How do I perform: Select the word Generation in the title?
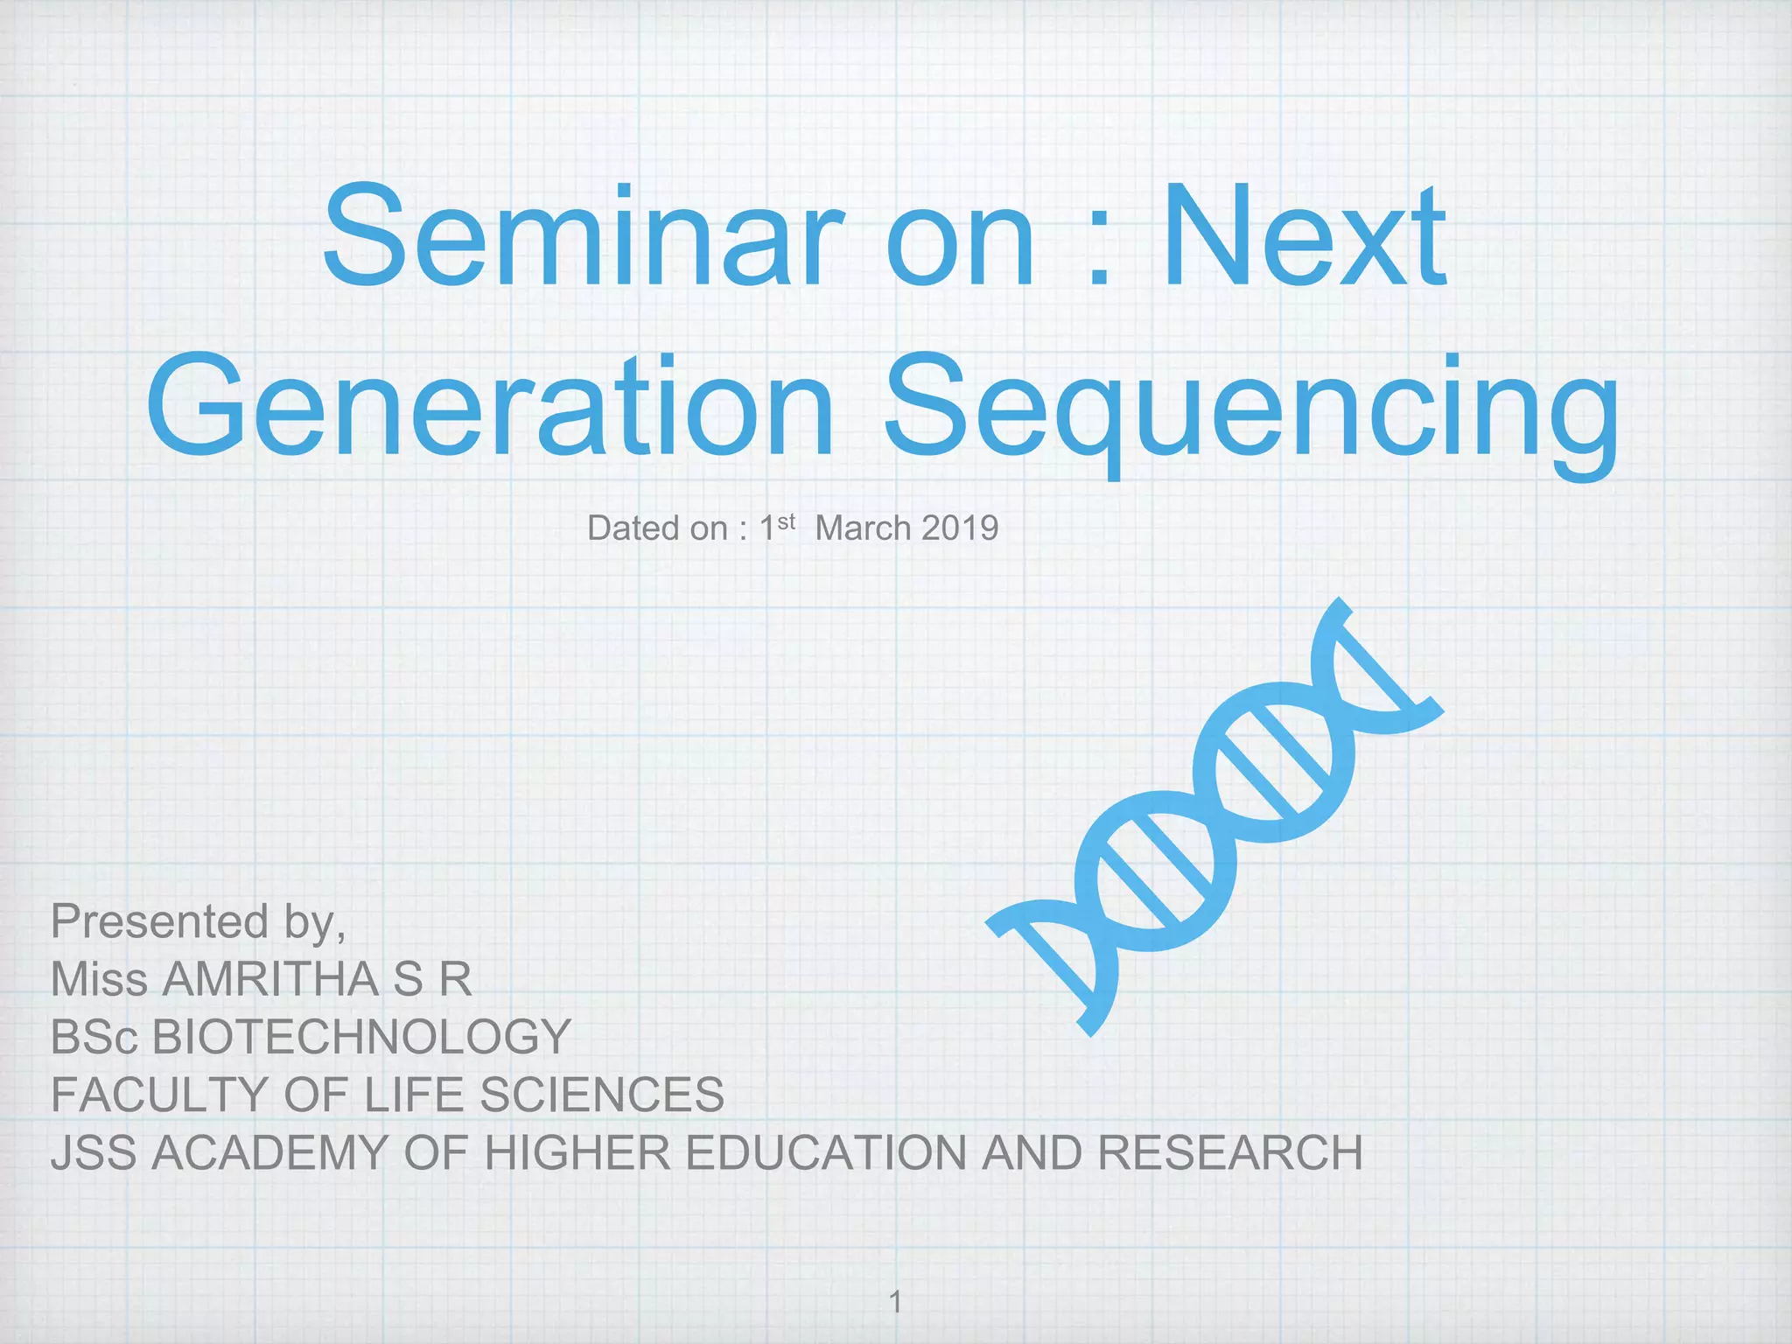(490, 407)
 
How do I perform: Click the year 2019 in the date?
(959, 528)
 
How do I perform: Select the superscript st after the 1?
(786, 522)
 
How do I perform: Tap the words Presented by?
(198, 922)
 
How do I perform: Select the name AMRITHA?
(271, 979)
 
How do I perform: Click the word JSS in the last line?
(94, 1152)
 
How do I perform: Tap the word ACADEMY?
(269, 1152)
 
